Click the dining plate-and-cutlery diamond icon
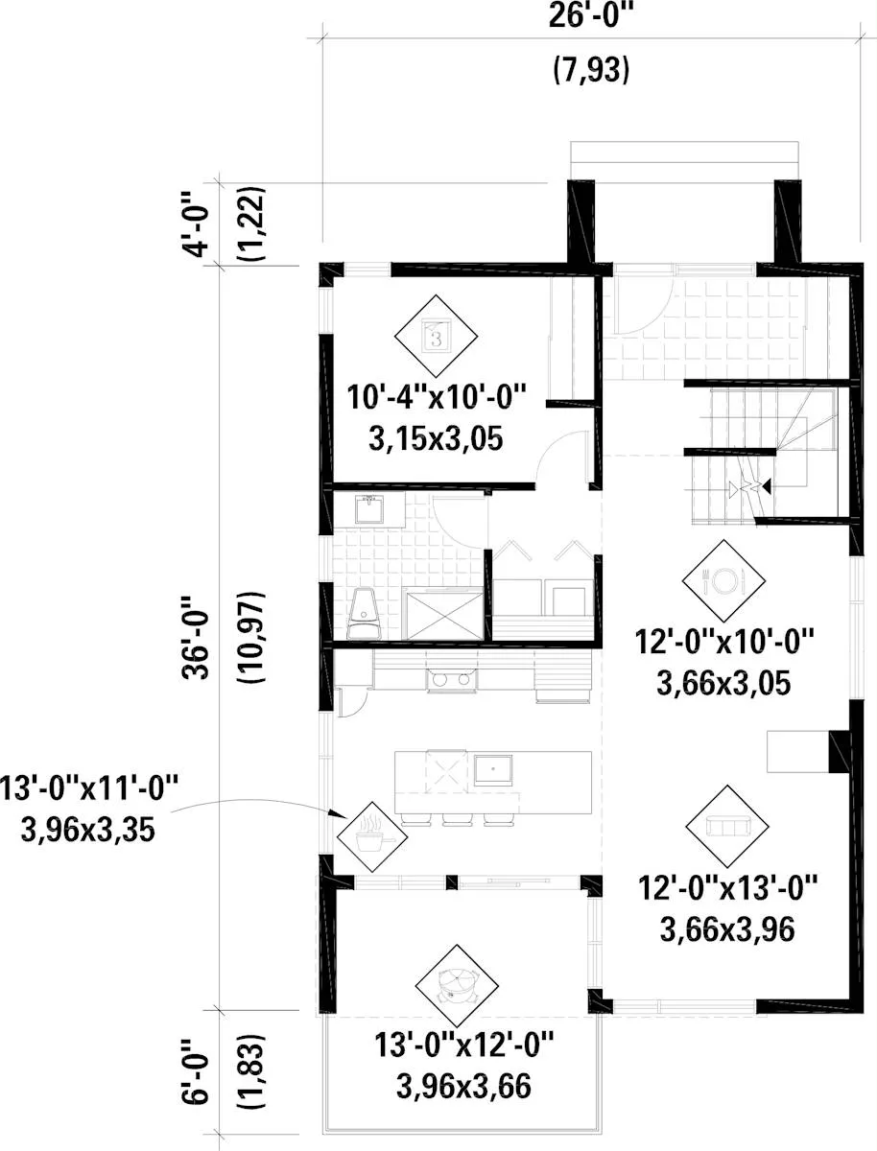click(x=723, y=580)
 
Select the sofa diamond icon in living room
click(x=727, y=826)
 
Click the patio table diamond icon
click(x=457, y=986)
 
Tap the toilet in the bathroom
click(x=364, y=614)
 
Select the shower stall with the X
click(x=445, y=615)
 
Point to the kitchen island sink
click(x=493, y=770)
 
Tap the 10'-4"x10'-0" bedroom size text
click(x=437, y=397)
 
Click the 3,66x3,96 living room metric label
click(x=727, y=929)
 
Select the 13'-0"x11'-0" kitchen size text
click(x=88, y=788)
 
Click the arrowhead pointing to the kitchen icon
click(x=338, y=813)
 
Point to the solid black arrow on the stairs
click(x=767, y=487)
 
